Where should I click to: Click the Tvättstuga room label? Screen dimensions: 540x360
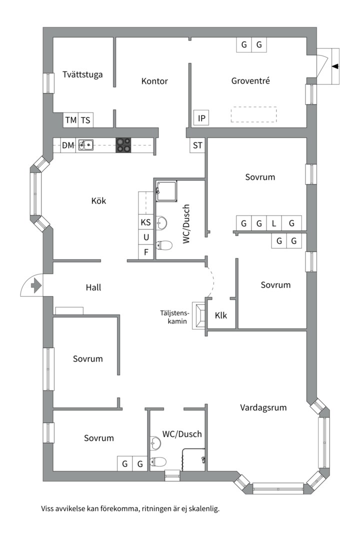pos(83,74)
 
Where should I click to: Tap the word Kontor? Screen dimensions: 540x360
pos(154,81)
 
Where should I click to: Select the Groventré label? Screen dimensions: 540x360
pos(250,80)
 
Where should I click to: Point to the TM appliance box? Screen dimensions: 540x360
pos(71,120)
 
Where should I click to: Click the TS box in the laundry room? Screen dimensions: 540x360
pos(86,120)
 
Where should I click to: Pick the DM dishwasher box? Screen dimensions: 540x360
pos(68,145)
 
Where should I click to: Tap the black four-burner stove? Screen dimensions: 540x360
pos(124,145)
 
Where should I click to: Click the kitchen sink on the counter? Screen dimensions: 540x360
pos(86,145)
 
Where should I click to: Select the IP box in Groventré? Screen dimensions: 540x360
pos(201,118)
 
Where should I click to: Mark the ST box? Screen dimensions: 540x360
pos(198,145)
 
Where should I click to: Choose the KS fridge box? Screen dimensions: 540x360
pos(145,222)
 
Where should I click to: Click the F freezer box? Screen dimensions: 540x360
pos(146,252)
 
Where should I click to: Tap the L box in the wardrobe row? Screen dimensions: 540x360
pos(274,223)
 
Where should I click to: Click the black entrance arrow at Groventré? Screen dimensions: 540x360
pos(334,66)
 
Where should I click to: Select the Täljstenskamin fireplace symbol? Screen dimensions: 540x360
pos(200,315)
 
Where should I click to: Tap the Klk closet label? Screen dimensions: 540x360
pos(221,315)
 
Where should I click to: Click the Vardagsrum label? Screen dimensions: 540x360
pos(263,407)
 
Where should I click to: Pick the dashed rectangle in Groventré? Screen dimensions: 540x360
pos(253,114)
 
